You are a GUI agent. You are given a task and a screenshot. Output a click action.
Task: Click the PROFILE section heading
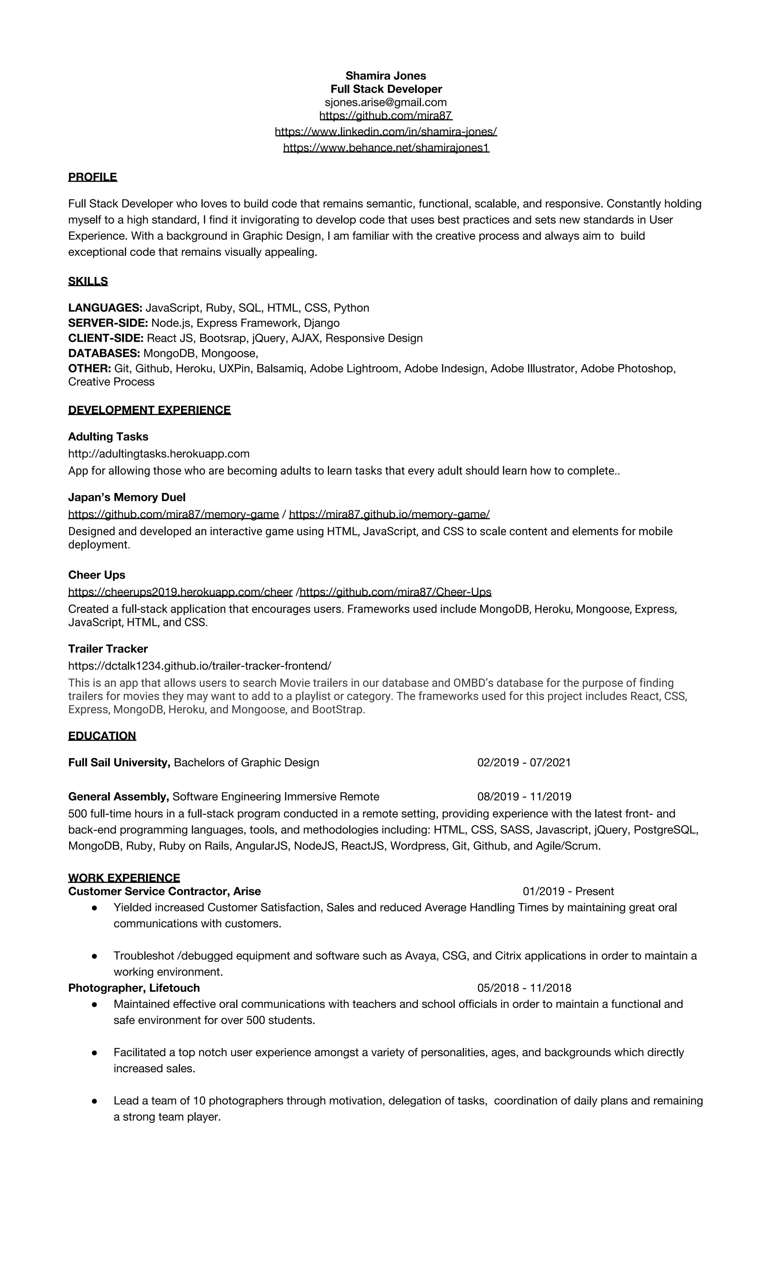(x=92, y=177)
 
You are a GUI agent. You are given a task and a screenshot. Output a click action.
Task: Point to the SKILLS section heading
(x=88, y=281)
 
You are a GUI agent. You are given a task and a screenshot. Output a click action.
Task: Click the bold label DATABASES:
(x=104, y=353)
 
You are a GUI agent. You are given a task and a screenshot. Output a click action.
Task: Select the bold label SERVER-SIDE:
(x=108, y=323)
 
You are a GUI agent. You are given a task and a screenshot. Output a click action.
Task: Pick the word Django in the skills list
(x=322, y=323)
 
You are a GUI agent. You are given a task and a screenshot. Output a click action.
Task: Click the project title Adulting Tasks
(x=108, y=437)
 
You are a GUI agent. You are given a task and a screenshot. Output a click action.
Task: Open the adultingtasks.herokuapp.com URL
(x=159, y=454)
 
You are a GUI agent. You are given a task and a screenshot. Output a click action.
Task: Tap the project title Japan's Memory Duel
(x=126, y=497)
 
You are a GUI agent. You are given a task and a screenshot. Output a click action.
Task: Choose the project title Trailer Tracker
(x=108, y=648)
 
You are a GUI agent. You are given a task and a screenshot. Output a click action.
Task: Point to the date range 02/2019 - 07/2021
(x=524, y=763)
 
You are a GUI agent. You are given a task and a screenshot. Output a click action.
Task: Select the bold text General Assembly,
(x=118, y=797)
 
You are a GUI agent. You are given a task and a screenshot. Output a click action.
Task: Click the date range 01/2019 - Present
(x=568, y=891)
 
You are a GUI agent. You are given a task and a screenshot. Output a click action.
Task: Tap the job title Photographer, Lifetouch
(x=134, y=988)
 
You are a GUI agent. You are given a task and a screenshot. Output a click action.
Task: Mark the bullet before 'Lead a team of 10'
(x=95, y=1101)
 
